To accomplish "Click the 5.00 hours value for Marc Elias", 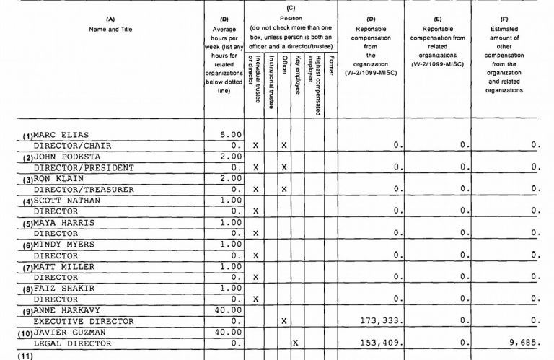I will click(229, 134).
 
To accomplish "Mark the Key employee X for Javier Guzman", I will click(295, 343).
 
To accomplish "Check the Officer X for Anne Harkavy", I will click(284, 321).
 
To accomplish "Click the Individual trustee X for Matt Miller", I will click(257, 277).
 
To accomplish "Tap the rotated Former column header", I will click(330, 62).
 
